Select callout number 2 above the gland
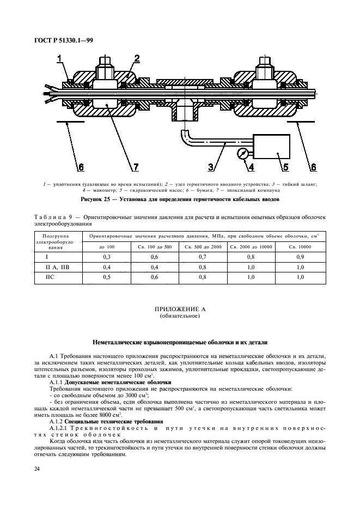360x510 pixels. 137,58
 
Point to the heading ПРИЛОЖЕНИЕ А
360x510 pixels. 180,309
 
